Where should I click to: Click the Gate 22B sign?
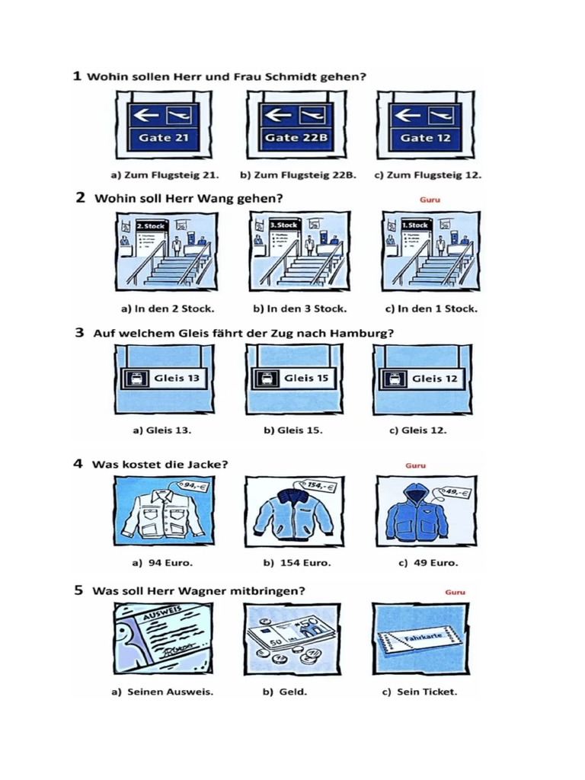(x=296, y=125)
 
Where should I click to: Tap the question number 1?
(x=77, y=76)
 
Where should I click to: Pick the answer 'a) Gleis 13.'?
(x=161, y=430)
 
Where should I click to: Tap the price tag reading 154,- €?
(x=318, y=486)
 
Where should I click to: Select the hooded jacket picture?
(x=425, y=511)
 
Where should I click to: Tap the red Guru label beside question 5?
(x=455, y=592)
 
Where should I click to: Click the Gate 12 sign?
(x=425, y=125)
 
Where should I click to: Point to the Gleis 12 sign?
(x=423, y=379)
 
